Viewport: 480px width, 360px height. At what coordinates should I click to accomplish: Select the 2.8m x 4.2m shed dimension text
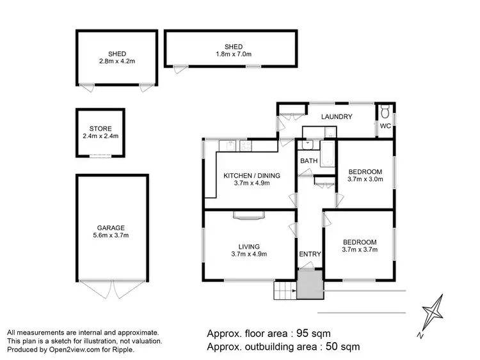(116, 61)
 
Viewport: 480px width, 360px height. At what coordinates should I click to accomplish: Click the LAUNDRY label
(337, 116)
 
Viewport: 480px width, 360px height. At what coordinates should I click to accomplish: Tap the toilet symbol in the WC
(385, 112)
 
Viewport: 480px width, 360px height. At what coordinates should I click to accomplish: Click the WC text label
(385, 126)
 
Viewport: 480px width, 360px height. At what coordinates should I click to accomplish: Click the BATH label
(308, 160)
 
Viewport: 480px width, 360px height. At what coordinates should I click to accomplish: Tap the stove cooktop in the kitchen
(245, 146)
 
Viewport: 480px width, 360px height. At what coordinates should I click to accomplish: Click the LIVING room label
(249, 246)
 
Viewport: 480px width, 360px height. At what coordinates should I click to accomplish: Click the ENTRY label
(310, 254)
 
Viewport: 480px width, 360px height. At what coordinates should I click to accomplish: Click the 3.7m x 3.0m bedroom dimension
(365, 180)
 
